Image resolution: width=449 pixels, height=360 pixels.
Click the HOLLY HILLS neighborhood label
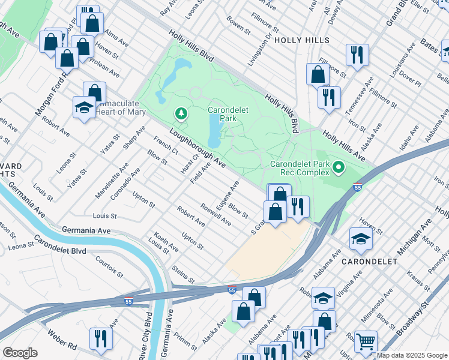302,40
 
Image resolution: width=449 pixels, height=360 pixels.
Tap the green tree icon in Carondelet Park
181,113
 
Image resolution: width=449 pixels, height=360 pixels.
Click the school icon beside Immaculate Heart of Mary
84,107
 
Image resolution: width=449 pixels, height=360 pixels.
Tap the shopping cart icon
366,341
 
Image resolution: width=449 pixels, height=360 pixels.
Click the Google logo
20,352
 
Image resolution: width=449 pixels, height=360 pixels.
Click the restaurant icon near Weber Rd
100,338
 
